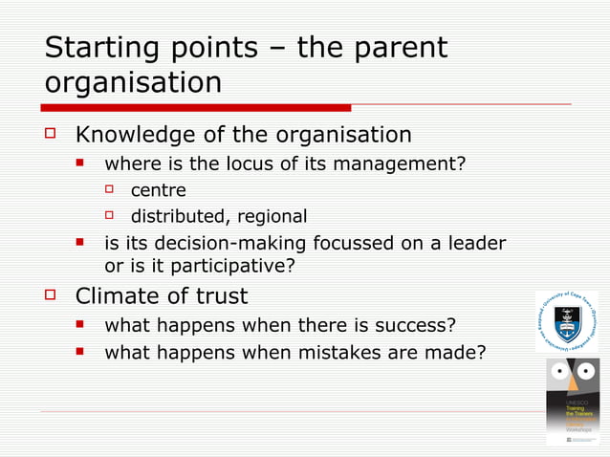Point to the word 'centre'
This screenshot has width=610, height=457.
159,190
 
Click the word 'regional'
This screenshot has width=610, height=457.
272,216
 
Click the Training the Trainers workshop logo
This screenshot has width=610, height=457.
573,401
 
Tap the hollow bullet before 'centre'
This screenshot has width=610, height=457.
110,190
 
